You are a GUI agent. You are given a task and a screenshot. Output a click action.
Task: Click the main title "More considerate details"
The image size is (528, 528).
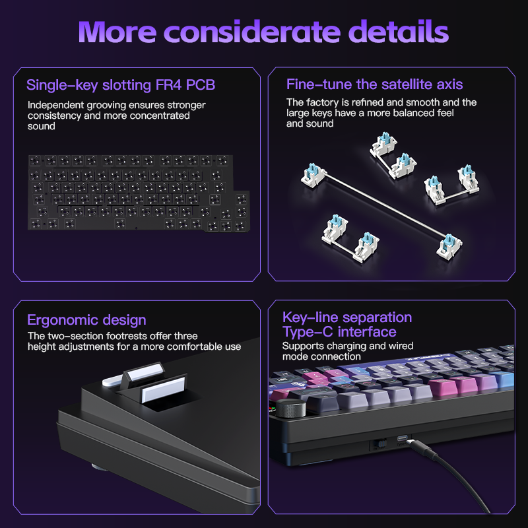[x=263, y=32]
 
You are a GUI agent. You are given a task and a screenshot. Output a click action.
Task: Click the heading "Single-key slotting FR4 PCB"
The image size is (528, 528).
[x=121, y=85]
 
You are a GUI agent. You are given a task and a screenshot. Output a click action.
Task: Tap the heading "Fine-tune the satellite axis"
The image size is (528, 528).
[x=374, y=84]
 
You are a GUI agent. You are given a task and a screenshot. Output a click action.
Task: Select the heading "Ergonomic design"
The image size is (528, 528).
[x=86, y=320]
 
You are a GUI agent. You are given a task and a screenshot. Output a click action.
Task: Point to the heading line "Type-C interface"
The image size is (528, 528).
[x=339, y=332]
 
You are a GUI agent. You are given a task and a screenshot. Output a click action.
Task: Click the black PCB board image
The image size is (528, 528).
[x=139, y=193]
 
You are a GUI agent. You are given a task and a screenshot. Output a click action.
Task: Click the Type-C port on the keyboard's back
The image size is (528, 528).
[x=402, y=438]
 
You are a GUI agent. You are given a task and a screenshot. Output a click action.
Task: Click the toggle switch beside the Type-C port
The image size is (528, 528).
[x=379, y=444]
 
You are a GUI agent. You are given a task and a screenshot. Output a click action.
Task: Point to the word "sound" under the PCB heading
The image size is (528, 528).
[x=42, y=126]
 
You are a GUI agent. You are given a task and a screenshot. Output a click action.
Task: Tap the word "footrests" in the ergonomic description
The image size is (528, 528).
[x=126, y=336]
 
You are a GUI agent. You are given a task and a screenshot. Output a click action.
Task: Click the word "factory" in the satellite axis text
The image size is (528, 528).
[x=322, y=102]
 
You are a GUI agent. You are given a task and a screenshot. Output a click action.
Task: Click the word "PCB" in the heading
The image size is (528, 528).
[x=201, y=85]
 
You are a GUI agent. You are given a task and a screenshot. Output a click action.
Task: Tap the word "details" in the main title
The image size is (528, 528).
[x=399, y=32]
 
